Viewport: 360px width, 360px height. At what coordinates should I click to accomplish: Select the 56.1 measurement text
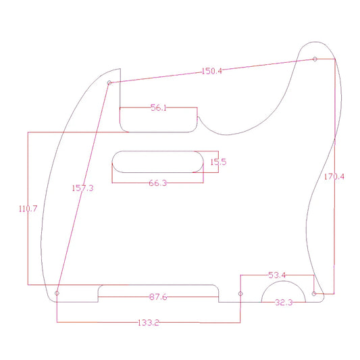point(159,108)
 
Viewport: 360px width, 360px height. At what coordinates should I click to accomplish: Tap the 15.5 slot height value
point(218,162)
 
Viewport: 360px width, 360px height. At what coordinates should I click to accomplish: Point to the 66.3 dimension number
point(157,183)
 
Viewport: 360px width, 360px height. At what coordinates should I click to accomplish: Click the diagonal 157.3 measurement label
point(82,188)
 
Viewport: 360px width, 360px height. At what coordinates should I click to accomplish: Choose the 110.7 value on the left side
point(27,209)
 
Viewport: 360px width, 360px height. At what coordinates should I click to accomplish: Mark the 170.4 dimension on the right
point(334,177)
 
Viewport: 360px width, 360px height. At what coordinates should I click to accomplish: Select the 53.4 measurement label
point(278,276)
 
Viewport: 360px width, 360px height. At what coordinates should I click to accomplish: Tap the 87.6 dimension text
point(159,297)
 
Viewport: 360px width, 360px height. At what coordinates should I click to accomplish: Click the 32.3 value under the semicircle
point(284,303)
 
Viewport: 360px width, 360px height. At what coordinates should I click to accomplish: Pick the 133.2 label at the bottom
point(148,323)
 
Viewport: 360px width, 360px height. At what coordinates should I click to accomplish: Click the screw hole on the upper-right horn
point(315,59)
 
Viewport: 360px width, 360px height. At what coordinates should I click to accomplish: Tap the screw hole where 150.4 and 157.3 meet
point(109,83)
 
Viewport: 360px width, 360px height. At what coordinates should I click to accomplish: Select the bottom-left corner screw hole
point(57,293)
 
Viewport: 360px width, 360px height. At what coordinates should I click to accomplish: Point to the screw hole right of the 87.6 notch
point(241,294)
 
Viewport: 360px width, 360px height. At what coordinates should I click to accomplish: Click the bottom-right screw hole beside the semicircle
point(314,294)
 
